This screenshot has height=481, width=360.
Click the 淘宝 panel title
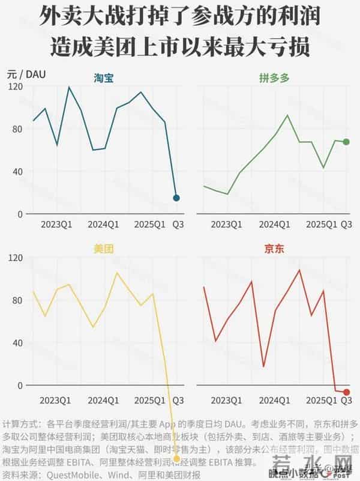[x=104, y=78]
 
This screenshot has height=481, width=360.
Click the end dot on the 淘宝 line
[x=176, y=198]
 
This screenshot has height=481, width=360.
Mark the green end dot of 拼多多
[x=346, y=142]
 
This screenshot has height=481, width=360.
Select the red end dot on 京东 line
[x=347, y=392]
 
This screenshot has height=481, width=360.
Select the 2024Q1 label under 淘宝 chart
[x=104, y=225]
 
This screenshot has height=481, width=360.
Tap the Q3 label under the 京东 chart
[x=346, y=400]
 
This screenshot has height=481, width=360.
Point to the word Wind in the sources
[x=111, y=474]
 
